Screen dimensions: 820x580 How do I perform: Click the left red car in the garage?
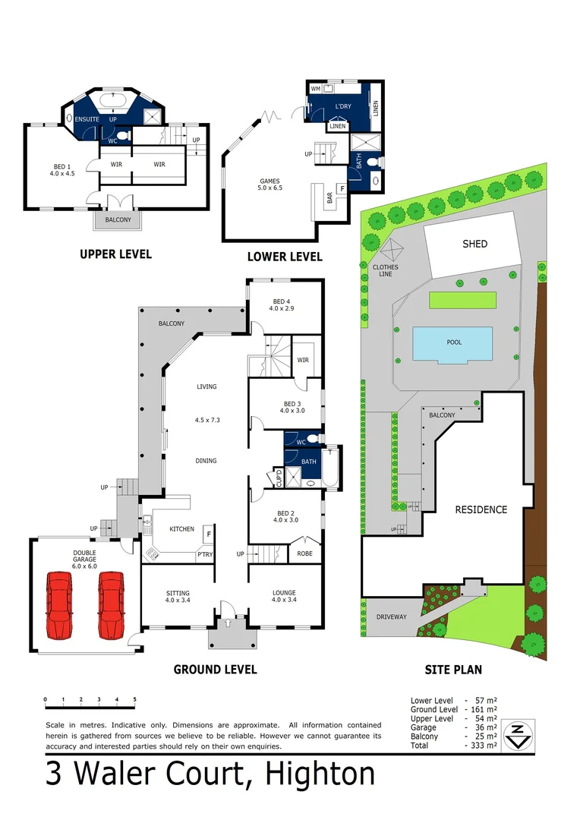(60, 604)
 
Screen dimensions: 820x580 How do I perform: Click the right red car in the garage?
(111, 604)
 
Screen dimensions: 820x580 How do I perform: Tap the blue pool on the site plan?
(452, 343)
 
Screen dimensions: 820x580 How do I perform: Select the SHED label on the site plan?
(474, 244)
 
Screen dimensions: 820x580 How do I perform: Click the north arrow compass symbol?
(516, 734)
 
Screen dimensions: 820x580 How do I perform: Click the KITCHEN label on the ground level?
(181, 529)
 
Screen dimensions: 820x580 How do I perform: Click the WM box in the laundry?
(316, 89)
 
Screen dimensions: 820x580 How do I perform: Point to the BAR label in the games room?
(329, 197)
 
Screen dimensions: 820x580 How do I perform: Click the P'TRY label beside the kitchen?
(204, 555)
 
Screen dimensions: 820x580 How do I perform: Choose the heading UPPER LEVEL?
(115, 254)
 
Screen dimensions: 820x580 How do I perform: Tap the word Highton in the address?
(320, 775)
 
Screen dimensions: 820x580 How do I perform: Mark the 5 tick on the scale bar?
(135, 699)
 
